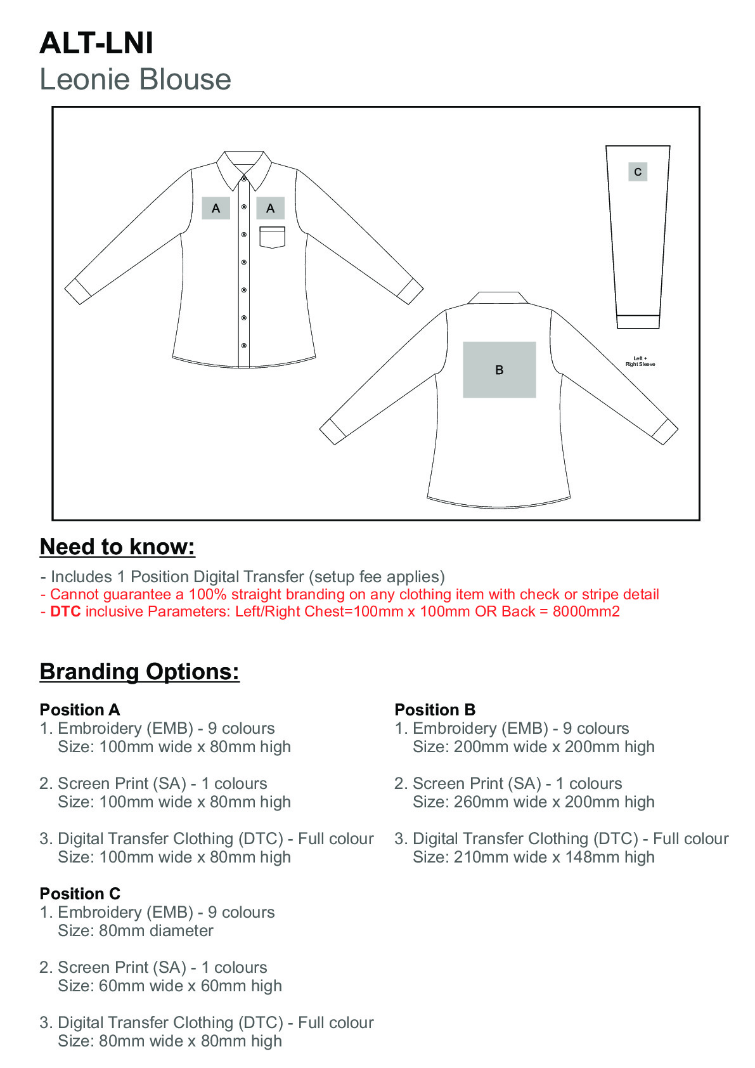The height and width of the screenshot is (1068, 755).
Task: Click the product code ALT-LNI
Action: pos(96,43)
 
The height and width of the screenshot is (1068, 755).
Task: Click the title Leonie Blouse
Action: pos(135,80)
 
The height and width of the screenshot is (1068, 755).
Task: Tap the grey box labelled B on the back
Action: pos(499,370)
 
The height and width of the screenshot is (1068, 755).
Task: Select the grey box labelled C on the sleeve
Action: pos(638,172)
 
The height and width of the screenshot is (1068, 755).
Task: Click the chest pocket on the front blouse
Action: pos(272,237)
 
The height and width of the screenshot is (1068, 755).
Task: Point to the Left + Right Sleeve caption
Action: pos(640,361)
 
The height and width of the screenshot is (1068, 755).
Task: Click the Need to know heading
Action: pos(117,547)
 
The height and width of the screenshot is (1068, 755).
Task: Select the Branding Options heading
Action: pos(139,672)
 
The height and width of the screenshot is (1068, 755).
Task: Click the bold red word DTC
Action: pos(65,612)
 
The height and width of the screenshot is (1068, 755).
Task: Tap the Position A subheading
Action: pos(80,710)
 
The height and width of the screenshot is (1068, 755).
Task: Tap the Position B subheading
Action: pos(435,710)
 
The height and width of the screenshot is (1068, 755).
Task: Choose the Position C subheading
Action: pos(80,894)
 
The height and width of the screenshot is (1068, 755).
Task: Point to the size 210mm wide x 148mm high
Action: pos(533,857)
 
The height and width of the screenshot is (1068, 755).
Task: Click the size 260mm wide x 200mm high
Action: pos(533,802)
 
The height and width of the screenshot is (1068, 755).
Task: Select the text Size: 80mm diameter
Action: pos(136,931)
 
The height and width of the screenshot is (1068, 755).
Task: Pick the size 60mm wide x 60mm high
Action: pos(170,986)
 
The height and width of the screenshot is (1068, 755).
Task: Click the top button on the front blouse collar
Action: pos(244,179)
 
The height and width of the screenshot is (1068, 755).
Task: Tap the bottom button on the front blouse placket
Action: pos(244,346)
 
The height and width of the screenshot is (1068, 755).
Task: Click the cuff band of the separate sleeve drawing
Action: pos(638,322)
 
